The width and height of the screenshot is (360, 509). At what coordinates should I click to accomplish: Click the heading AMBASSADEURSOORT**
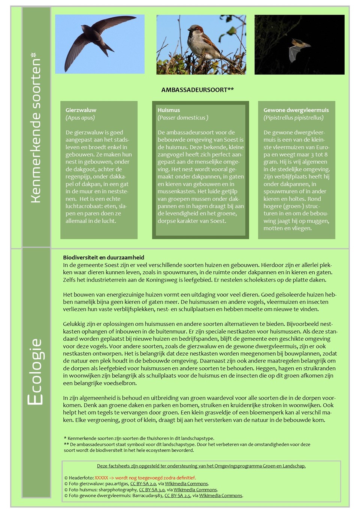coord(197,90)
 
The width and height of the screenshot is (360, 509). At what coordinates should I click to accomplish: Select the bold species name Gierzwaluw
coord(81,110)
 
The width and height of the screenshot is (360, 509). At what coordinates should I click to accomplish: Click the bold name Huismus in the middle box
coord(169,110)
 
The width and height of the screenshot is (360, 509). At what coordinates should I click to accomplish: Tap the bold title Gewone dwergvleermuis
coord(296,110)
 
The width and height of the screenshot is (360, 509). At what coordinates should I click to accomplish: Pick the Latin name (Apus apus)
coord(80,118)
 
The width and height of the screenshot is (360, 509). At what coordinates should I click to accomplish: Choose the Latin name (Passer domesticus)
coord(183,118)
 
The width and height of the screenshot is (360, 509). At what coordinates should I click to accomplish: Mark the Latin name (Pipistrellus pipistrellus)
coord(293,118)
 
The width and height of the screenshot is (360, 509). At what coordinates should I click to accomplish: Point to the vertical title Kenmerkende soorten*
coord(36,127)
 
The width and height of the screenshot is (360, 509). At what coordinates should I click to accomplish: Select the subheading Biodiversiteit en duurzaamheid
coord(103,257)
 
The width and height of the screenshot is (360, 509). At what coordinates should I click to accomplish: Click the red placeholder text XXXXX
coord(101,478)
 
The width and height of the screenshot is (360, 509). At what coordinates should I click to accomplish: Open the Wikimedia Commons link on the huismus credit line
coord(195,490)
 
